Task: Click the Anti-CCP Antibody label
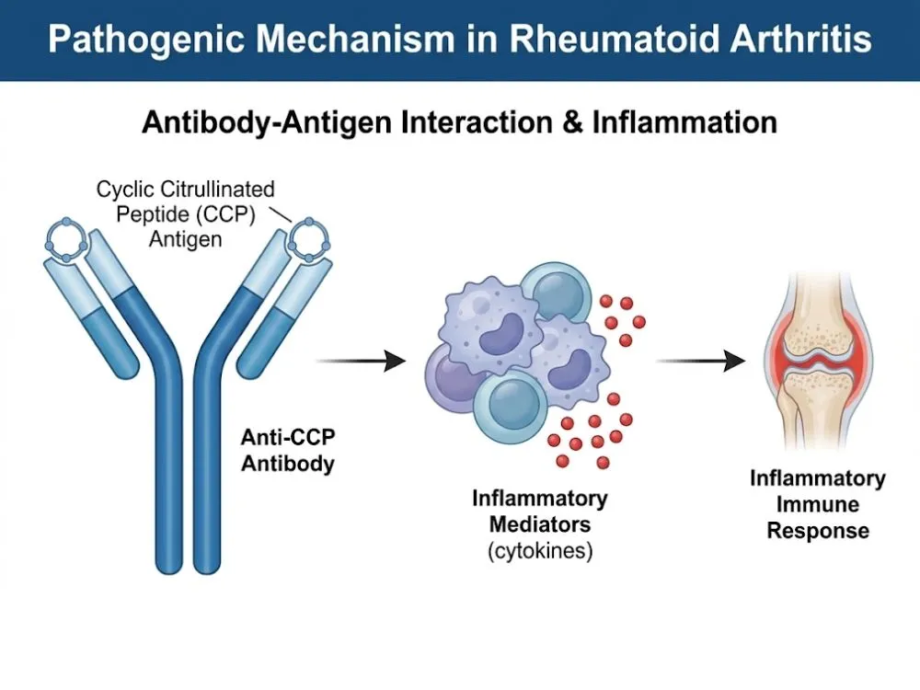tap(287, 451)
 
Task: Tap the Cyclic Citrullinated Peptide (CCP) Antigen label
tap(186, 213)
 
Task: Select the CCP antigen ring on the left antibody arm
tap(71, 240)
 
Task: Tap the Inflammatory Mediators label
tap(539, 512)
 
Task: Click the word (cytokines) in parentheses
tap(539, 553)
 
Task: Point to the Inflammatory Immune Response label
tap(817, 504)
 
